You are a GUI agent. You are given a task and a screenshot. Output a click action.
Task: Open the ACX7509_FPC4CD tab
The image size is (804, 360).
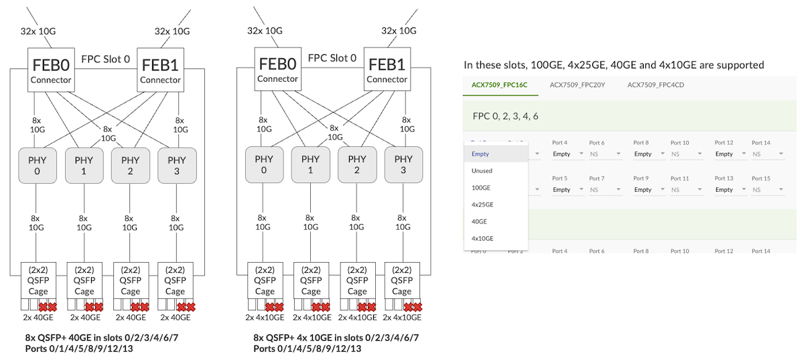click(655, 85)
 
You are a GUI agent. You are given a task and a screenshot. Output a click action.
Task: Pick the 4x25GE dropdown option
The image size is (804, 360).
click(482, 204)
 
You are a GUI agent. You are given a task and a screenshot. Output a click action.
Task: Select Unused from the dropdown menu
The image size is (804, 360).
click(482, 171)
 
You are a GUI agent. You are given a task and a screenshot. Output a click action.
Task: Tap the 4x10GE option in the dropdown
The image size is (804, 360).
click(482, 238)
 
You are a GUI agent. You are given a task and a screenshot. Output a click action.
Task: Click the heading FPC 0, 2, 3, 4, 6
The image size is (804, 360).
click(505, 117)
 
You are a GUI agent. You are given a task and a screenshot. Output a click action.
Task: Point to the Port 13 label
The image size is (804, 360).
click(724, 178)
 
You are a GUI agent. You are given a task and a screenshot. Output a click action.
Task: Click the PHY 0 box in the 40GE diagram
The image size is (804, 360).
click(38, 165)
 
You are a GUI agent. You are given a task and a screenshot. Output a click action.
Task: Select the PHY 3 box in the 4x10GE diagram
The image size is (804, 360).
click(403, 164)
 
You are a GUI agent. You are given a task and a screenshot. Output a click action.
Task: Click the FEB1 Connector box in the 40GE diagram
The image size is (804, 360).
click(160, 70)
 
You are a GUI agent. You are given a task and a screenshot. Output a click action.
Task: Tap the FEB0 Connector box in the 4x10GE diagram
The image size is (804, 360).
click(277, 70)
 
